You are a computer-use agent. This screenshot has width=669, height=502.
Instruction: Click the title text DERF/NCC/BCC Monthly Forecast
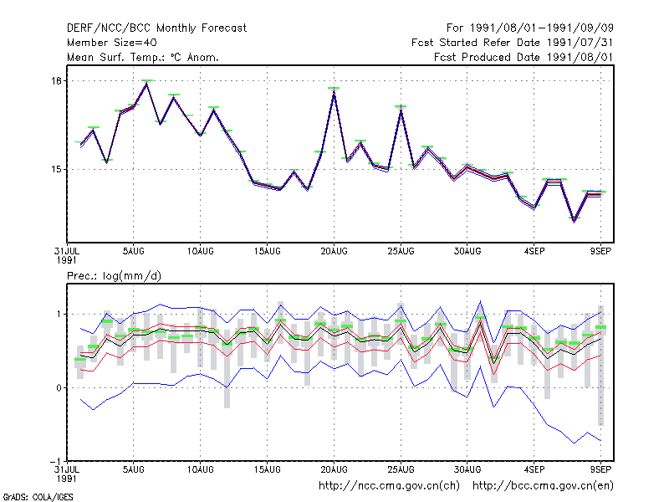(x=156, y=28)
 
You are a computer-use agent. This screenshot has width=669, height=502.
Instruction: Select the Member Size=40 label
(x=112, y=43)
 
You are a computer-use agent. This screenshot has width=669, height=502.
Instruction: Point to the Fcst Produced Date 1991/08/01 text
(x=523, y=57)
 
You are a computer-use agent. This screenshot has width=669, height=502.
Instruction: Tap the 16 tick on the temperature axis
(x=57, y=80)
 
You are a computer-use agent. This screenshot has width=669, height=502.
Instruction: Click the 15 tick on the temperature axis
(x=57, y=170)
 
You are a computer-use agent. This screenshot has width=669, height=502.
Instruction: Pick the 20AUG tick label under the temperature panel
(x=334, y=251)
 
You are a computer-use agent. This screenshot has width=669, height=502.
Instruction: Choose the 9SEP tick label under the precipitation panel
(x=600, y=469)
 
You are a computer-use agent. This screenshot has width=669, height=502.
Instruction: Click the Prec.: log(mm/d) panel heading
(x=114, y=276)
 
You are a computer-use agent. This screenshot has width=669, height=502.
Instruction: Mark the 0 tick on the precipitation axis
(x=59, y=388)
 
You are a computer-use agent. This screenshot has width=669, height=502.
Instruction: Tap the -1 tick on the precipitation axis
(x=55, y=462)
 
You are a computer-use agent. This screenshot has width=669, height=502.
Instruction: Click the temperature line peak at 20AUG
(x=334, y=92)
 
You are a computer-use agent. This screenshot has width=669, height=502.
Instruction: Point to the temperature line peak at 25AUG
(x=401, y=110)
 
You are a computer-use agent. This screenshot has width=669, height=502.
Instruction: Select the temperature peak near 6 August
(x=147, y=84)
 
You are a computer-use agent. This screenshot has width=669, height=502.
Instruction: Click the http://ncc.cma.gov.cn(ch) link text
(x=389, y=486)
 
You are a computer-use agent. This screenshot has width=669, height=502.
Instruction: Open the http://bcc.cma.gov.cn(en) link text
(x=543, y=486)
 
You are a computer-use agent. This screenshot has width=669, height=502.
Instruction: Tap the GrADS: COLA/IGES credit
(x=38, y=497)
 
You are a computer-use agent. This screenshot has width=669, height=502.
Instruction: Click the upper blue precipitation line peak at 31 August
(x=480, y=301)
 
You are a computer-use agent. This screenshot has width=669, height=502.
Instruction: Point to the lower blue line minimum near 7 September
(x=575, y=443)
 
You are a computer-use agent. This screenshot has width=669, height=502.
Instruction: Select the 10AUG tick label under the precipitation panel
(x=201, y=469)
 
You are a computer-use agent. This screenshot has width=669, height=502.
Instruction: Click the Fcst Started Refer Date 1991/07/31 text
(x=513, y=43)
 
